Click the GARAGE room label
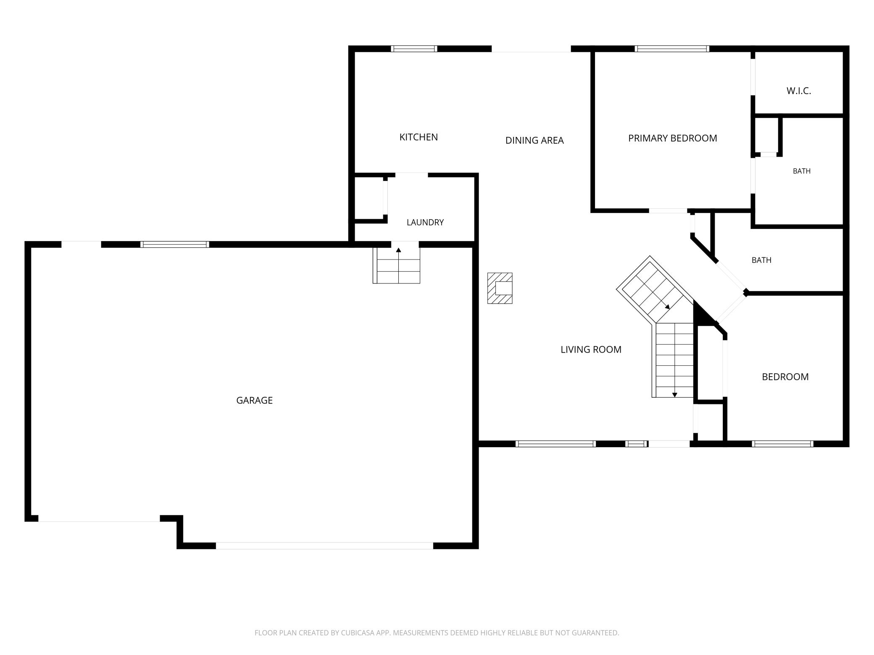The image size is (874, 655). click(x=254, y=401)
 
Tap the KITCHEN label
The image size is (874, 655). click(x=419, y=137)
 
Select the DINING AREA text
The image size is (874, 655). click(x=534, y=140)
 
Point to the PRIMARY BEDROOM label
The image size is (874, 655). click(x=672, y=138)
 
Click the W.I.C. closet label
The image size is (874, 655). click(x=799, y=91)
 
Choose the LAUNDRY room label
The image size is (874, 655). click(x=425, y=223)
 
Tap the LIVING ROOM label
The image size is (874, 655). click(x=591, y=349)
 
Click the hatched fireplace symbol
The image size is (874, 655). click(x=500, y=288)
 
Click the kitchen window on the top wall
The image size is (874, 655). click(x=414, y=49)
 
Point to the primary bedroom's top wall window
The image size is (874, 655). click(x=672, y=49)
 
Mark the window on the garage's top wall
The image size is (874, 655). click(x=175, y=244)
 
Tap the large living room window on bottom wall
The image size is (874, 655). click(x=555, y=444)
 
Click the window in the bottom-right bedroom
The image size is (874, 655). click(x=782, y=444)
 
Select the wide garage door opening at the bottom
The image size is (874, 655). click(x=324, y=546)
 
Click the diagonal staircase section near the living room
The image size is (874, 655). click(x=655, y=290)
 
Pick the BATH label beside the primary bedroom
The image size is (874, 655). click(x=802, y=171)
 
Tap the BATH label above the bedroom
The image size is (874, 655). click(x=761, y=260)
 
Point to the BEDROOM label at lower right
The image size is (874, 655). click(x=785, y=377)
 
